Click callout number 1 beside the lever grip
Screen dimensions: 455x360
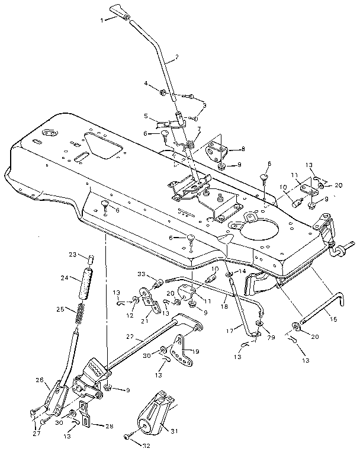[x=102, y=20]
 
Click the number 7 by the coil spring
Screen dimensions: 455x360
[x=199, y=129]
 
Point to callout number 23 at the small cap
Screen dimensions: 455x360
[x=72, y=255]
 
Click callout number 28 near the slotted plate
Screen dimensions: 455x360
[x=109, y=426]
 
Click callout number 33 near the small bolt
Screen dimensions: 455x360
[x=140, y=274]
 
